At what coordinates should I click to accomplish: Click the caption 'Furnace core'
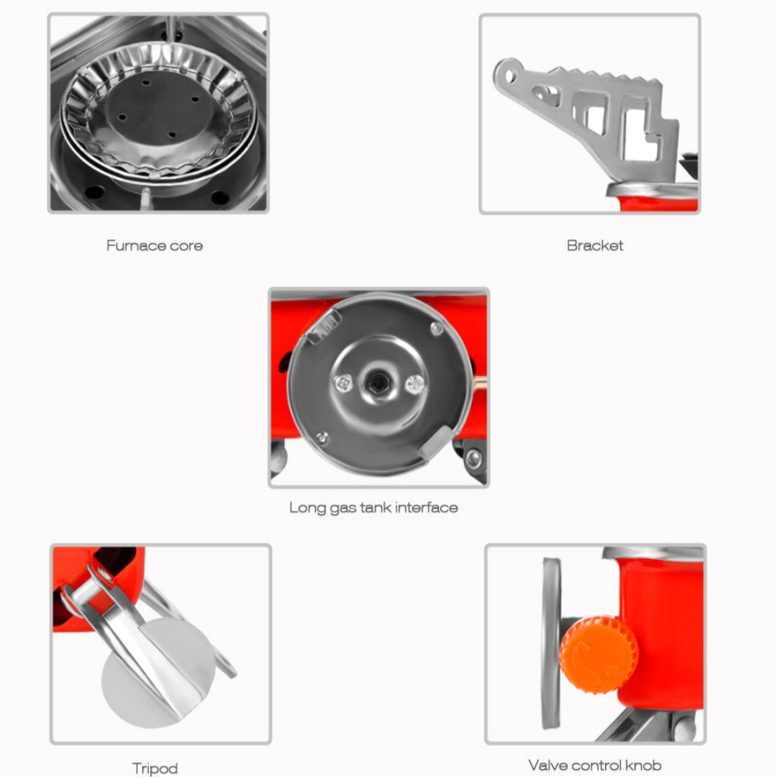tap(155, 246)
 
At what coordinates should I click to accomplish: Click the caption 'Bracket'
tap(595, 245)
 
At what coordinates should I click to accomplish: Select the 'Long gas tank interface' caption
tap(373, 508)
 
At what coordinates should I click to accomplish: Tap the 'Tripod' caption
tap(155, 768)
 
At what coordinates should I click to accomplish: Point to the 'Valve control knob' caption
tap(595, 765)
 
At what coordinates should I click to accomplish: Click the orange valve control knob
tap(599, 654)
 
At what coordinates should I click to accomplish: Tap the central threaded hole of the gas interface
tap(378, 382)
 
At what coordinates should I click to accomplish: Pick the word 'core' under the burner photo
tap(186, 246)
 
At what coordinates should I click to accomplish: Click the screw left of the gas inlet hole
tap(343, 383)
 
